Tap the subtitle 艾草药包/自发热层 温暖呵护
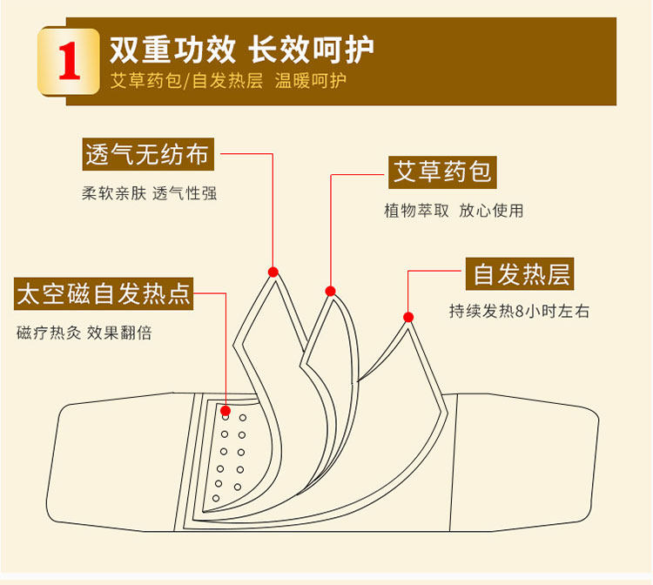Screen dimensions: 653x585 pyautogui.click(x=228, y=82)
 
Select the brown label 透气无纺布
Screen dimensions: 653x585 pyautogui.click(x=147, y=155)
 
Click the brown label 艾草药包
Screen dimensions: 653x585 pyautogui.click(x=442, y=171)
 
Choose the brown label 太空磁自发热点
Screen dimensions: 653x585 pyautogui.click(x=104, y=294)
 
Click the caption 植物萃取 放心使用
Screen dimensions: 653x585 pyautogui.click(x=454, y=211)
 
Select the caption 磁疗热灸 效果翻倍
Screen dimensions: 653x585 pyautogui.click(x=84, y=333)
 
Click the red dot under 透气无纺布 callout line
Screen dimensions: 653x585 pyautogui.click(x=273, y=271)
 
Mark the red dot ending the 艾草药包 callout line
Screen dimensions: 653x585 pyautogui.click(x=330, y=291)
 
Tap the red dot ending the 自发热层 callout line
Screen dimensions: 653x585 pyautogui.click(x=407, y=315)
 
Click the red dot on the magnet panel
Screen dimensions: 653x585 pyautogui.click(x=226, y=410)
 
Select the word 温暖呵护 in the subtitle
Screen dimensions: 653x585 pyautogui.click(x=311, y=82)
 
